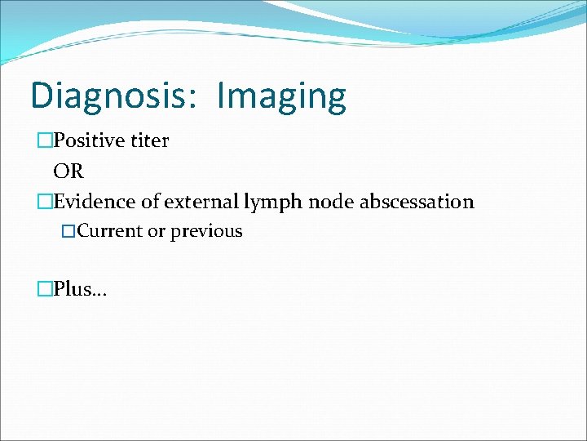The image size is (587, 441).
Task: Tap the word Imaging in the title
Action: point(281,97)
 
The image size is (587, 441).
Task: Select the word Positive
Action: point(90,140)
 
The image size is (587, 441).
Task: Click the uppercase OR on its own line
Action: point(68,171)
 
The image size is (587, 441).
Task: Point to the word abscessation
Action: point(417,202)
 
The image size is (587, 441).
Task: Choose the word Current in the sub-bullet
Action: point(110,231)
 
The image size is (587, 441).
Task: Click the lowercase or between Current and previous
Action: point(157,231)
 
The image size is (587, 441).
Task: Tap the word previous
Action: point(206,231)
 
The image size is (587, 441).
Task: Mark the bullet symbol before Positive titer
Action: point(45,140)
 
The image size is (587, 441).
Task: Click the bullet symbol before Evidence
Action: point(45,202)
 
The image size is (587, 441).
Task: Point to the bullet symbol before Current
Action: point(68,231)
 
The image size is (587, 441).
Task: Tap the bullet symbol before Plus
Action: point(45,289)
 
